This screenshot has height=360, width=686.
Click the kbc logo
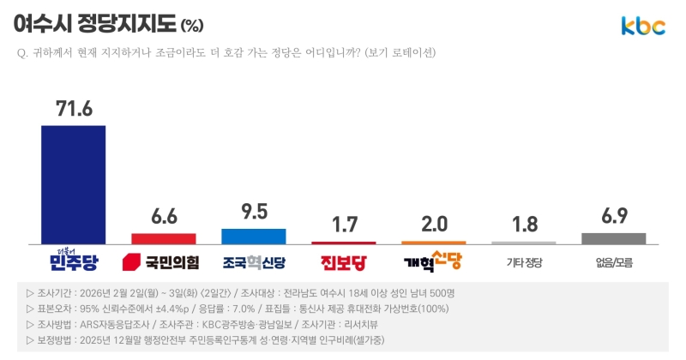pyautogui.click(x=643, y=27)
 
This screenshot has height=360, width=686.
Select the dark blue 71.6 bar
pyautogui.click(x=73, y=184)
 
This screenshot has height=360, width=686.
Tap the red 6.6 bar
pyautogui.click(x=163, y=237)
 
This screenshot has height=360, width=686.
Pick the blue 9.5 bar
pyautogui.click(x=253, y=236)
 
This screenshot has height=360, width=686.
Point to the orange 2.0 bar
pyautogui.click(x=434, y=243)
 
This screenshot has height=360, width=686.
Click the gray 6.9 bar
pyautogui.click(x=613, y=238)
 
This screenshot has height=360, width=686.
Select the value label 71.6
pyautogui.click(x=74, y=108)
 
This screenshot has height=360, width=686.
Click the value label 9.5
pyautogui.click(x=253, y=211)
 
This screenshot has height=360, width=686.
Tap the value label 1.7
pyautogui.click(x=343, y=225)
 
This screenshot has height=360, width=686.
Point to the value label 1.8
pyautogui.click(x=523, y=225)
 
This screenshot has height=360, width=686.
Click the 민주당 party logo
pyautogui.click(x=73, y=259)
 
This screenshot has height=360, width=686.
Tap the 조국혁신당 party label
pyautogui.click(x=253, y=261)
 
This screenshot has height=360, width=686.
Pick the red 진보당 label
pyautogui.click(x=343, y=261)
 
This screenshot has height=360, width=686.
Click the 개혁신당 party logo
pyautogui.click(x=434, y=259)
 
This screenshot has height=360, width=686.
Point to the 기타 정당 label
pyautogui.click(x=524, y=261)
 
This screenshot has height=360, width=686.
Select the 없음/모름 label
pyautogui.click(x=613, y=261)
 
